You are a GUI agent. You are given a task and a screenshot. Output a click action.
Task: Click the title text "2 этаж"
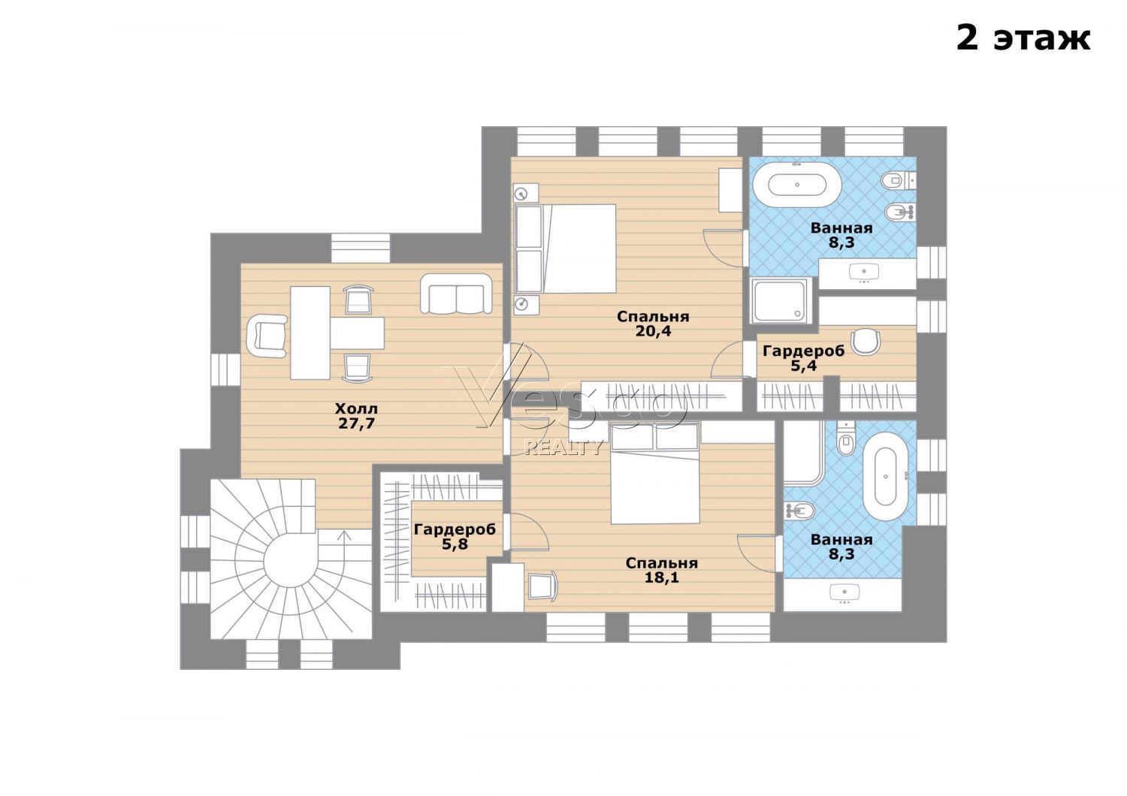(1023, 38)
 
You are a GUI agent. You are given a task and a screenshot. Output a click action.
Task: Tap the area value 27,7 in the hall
(356, 424)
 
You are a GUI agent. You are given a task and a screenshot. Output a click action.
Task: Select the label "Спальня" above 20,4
(653, 317)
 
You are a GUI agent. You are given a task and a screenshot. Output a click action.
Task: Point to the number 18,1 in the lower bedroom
(662, 577)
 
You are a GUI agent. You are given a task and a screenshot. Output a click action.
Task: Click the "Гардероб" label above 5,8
(455, 529)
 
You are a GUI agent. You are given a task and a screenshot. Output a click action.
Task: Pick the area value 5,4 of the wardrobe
(803, 366)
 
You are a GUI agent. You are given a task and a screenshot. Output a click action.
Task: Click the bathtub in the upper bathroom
(797, 185)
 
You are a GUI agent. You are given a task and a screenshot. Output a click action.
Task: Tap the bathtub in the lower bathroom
(886, 475)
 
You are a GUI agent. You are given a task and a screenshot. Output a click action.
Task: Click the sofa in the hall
(456, 294)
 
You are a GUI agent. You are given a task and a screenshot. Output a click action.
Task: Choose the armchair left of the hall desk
(267, 336)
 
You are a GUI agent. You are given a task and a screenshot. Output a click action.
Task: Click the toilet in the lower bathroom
(846, 438)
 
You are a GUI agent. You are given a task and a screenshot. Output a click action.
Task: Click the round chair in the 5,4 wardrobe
(866, 342)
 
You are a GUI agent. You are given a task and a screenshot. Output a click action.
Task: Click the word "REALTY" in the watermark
(563, 447)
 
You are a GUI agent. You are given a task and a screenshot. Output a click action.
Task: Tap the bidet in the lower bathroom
(800, 511)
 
